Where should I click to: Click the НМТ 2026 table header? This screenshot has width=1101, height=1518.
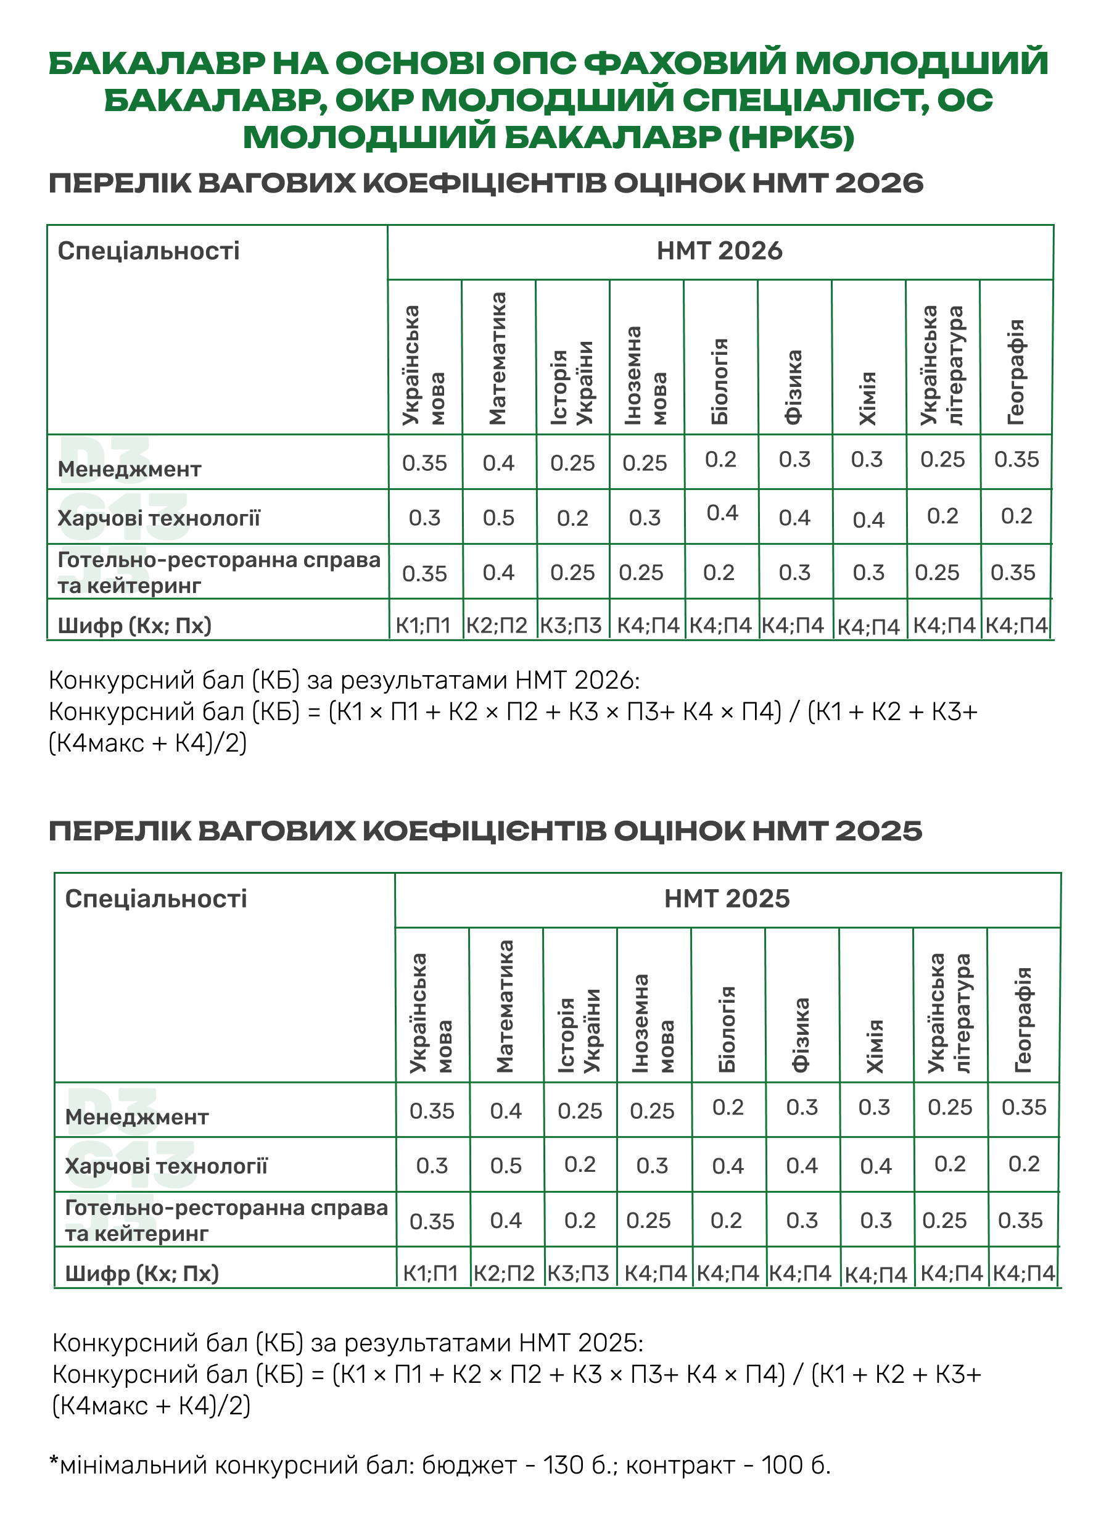[719, 251]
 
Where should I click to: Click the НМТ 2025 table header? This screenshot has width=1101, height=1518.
[727, 899]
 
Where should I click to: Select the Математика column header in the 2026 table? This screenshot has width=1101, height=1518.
[498, 359]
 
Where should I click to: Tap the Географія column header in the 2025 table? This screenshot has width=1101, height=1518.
[1023, 1019]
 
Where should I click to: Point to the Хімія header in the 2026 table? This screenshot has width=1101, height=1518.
[868, 398]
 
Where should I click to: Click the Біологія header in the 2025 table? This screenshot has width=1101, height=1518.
[727, 1029]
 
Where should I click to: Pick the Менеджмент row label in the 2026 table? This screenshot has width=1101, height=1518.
[129, 469]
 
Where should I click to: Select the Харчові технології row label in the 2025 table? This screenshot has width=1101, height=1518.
[166, 1166]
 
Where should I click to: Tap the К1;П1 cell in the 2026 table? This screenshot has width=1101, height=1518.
[423, 626]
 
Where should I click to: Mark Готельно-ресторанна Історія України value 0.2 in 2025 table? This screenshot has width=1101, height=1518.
[579, 1220]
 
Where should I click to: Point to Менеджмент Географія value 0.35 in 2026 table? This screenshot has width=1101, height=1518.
[1016, 460]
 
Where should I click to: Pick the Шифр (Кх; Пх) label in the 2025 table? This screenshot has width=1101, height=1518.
[142, 1273]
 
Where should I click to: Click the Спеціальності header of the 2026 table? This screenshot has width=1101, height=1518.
[149, 251]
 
